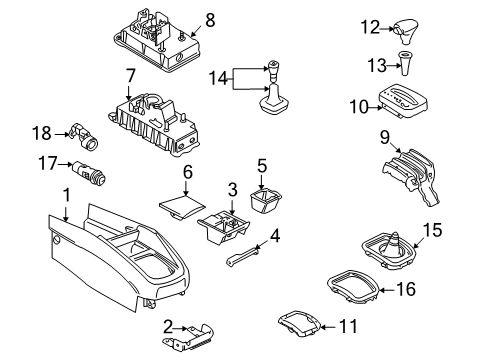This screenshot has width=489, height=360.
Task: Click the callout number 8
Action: tap(210, 20)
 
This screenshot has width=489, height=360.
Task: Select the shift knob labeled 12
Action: tap(406, 31)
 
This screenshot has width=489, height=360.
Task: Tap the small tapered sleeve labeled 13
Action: tap(405, 63)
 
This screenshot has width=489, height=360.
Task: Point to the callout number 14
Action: tap(218, 78)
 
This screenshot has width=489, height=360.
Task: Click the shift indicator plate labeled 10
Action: tap(403, 101)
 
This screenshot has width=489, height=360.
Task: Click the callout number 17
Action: tap(48, 163)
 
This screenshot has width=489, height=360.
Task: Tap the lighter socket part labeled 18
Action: tap(84, 135)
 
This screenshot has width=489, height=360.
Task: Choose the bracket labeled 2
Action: tap(188, 338)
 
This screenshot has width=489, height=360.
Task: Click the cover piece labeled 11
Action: tap(300, 322)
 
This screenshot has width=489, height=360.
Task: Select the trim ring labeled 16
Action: tap(354, 286)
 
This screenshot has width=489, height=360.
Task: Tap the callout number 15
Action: tap(432, 230)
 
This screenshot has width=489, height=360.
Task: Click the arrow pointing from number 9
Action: tap(396, 147)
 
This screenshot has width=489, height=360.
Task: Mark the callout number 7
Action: tap(130, 76)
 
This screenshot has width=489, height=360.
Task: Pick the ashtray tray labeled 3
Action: tap(224, 227)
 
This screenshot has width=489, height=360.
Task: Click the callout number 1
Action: tap(67, 195)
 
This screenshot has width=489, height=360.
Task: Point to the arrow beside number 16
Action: tap(387, 290)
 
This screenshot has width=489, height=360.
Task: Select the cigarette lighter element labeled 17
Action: tap(89, 172)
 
